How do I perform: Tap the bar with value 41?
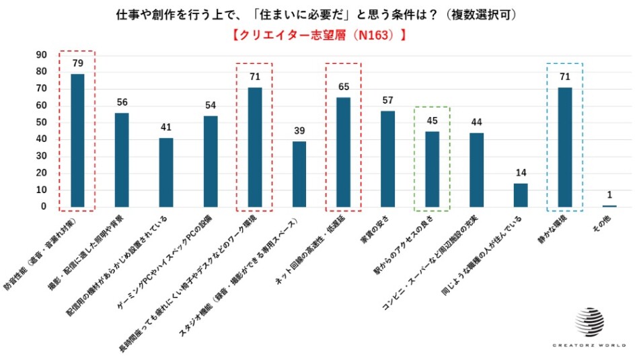[165, 172]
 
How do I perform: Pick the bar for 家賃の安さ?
[387, 159]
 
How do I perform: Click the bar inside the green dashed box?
[432, 169]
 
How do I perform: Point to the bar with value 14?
[521, 195]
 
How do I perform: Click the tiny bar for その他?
[609, 206]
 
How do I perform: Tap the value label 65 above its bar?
[343, 87]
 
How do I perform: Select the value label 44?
[476, 122]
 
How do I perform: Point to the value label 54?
[211, 105]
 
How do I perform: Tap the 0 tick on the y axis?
[43, 207]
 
